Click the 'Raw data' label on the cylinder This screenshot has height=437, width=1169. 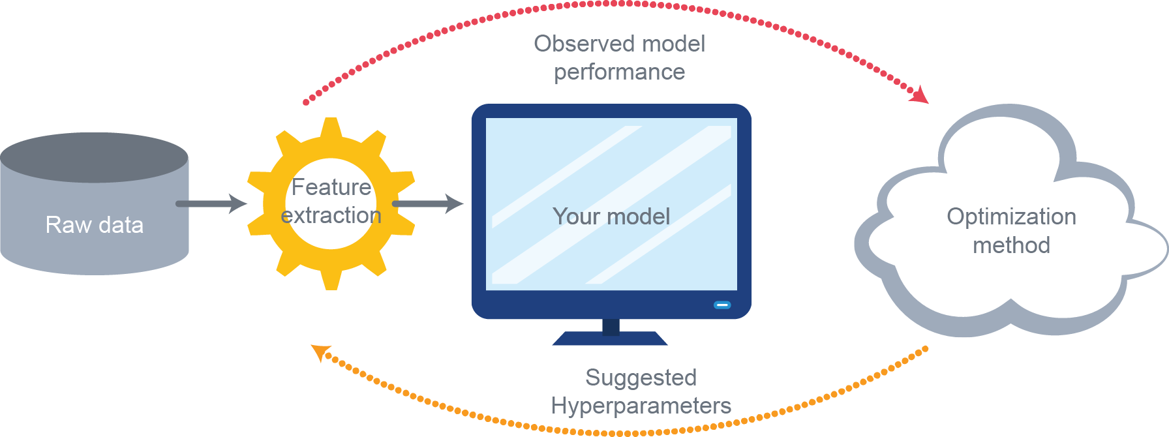(94, 225)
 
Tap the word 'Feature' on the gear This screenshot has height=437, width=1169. (331, 187)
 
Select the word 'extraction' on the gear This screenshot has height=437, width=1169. (331, 215)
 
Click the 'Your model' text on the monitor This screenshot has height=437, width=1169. (611, 217)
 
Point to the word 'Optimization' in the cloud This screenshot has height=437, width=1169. (1011, 217)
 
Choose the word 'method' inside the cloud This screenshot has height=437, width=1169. (1011, 245)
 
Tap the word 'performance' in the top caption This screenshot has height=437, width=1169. (619, 72)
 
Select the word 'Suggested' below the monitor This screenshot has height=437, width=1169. (641, 378)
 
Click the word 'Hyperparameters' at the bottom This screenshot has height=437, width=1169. (641, 406)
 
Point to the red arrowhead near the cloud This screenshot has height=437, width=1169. (920, 96)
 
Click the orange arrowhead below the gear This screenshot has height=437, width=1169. (320, 352)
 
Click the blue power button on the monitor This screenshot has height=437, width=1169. (722, 305)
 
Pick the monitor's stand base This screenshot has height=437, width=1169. (610, 339)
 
